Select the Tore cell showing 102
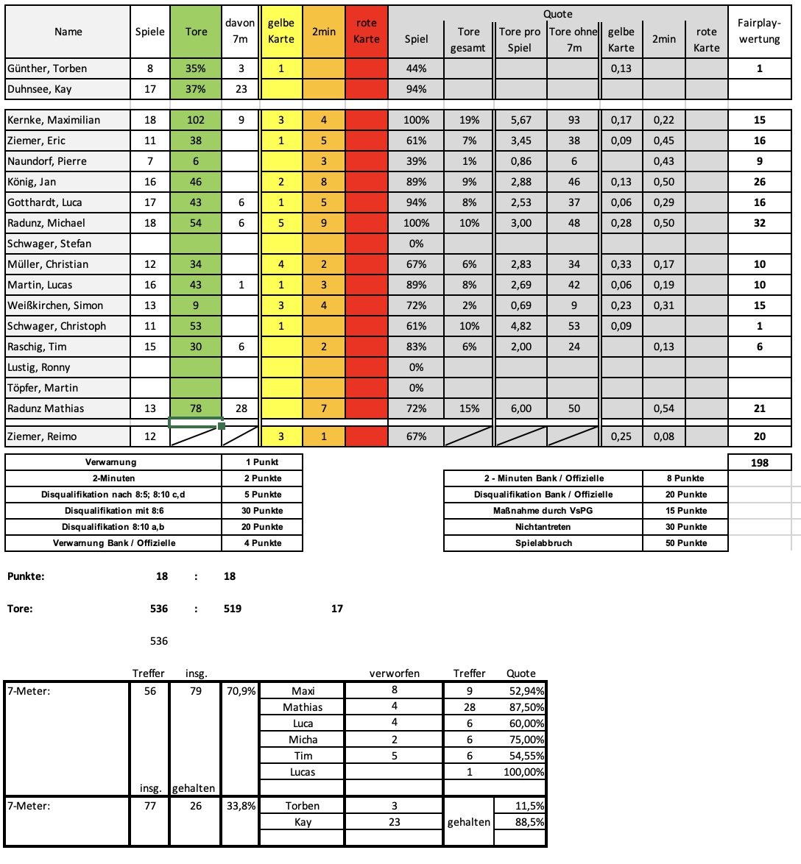[196, 120]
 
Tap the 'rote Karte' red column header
[366, 32]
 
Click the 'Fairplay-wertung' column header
[759, 32]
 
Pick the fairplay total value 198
[759, 463]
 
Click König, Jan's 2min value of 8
[324, 182]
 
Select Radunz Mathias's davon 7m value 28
[241, 408]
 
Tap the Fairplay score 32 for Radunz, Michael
[759, 223]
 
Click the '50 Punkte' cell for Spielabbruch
[685, 543]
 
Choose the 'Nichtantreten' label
[543, 527]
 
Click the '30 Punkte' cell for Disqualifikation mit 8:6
[262, 511]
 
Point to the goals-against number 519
[233, 609]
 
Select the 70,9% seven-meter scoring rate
[240, 691]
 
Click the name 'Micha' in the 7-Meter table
[303, 740]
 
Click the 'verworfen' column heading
[394, 673]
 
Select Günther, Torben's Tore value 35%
[196, 68]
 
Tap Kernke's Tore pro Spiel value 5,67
[521, 120]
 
